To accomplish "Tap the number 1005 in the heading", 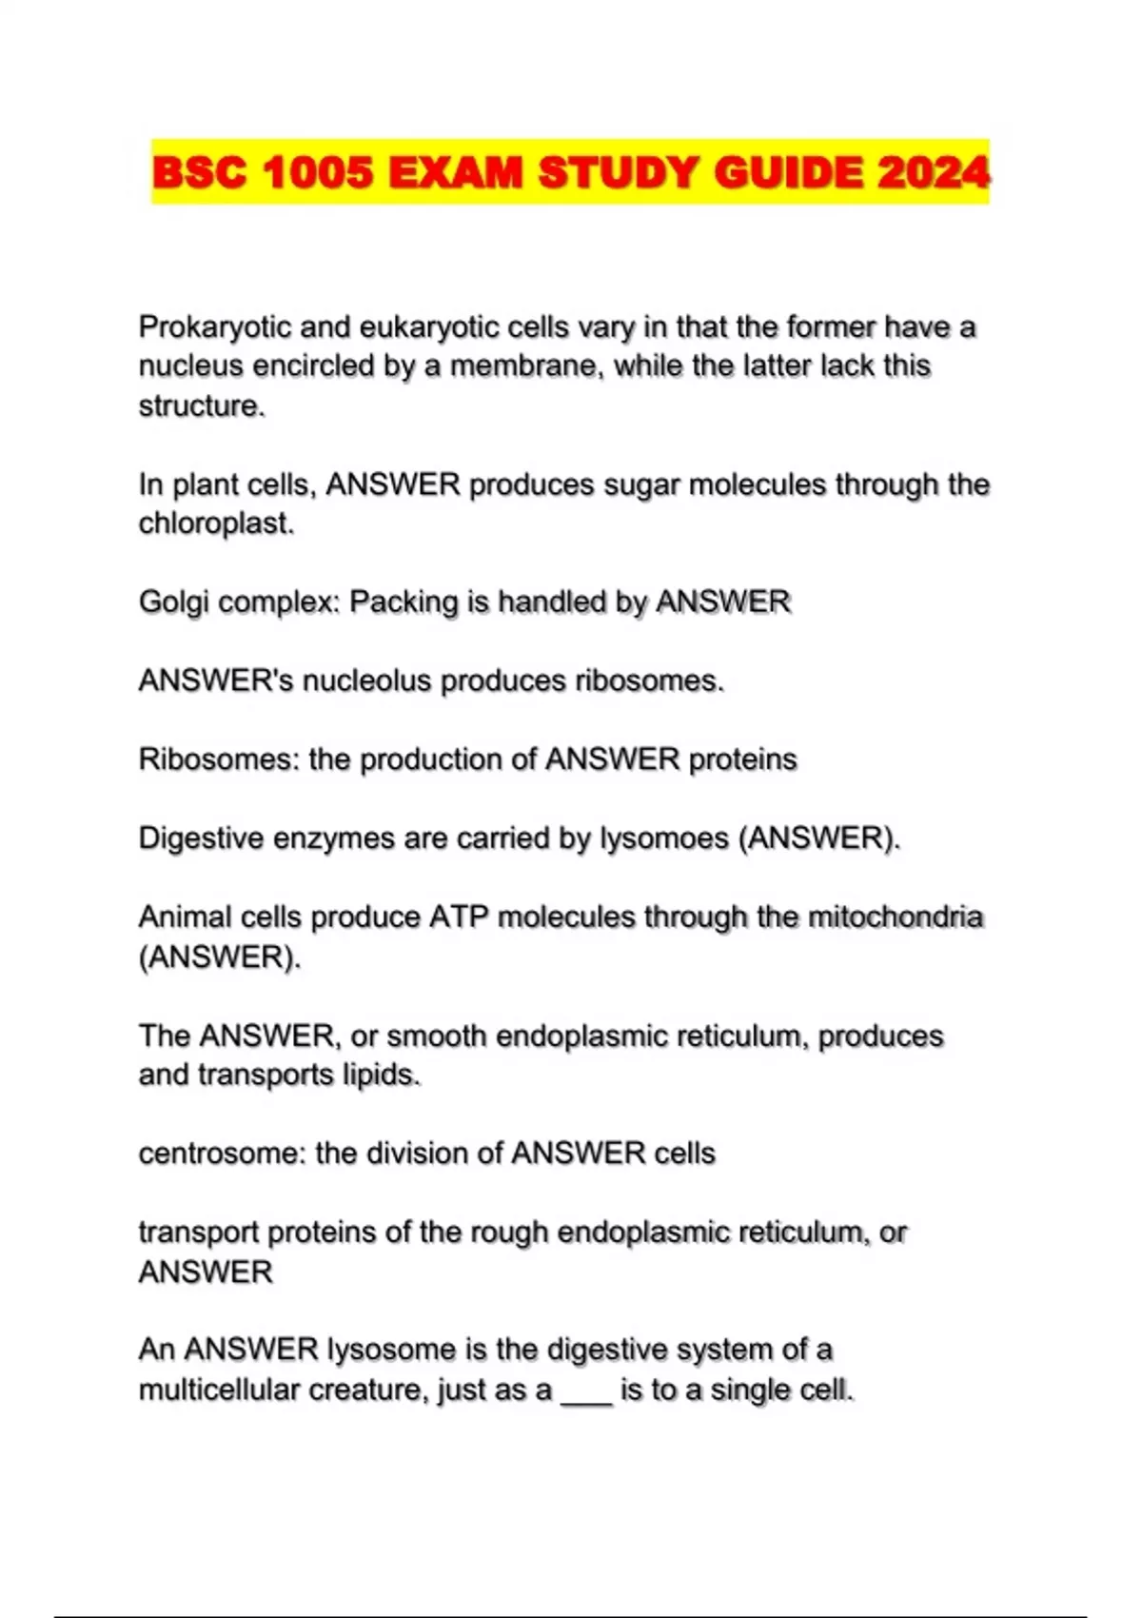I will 317,172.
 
